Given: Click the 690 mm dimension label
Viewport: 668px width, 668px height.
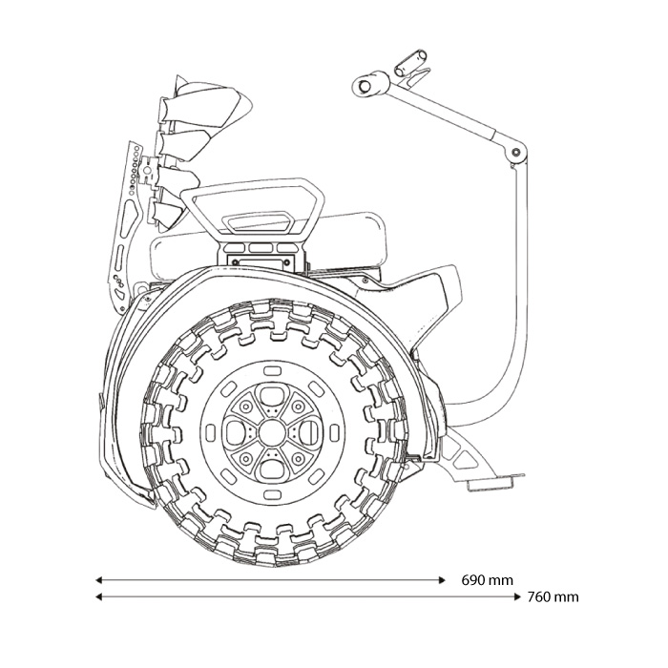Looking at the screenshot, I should coord(487,579).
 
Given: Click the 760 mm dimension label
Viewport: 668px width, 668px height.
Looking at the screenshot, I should coord(553,597).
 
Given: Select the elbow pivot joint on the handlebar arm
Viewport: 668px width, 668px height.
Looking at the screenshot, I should coord(516,152).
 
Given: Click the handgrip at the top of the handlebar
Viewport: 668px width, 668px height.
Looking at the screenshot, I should coord(409,64).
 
